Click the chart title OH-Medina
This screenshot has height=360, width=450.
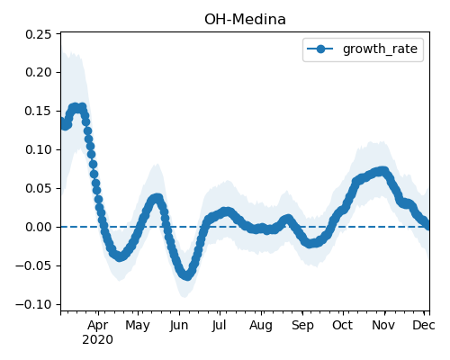click(x=245, y=20)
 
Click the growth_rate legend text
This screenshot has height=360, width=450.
click(x=380, y=49)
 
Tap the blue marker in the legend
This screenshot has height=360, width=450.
click(x=320, y=49)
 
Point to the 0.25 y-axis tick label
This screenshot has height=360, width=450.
click(x=38, y=34)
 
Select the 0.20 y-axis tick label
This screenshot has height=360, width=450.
click(x=38, y=72)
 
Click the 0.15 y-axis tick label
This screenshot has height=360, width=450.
click(x=38, y=111)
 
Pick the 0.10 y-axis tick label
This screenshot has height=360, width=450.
click(x=38, y=149)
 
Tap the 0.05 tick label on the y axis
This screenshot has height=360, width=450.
click(x=38, y=188)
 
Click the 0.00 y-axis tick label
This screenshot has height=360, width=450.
click(x=38, y=227)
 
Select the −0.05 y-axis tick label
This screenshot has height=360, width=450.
click(x=33, y=265)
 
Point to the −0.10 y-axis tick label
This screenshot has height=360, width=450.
click(x=33, y=304)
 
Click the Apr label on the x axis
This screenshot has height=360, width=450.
click(x=98, y=326)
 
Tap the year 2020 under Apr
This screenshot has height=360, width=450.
click(x=98, y=340)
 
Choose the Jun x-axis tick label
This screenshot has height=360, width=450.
click(x=179, y=326)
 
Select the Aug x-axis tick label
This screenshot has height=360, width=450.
click(x=261, y=326)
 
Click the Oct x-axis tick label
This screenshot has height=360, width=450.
click(x=343, y=325)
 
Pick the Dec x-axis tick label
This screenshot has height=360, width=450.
click(x=424, y=325)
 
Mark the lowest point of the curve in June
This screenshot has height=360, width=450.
click(x=187, y=276)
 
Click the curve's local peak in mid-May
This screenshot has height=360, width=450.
click(x=157, y=198)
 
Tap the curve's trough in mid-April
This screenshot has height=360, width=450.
click(x=120, y=256)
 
